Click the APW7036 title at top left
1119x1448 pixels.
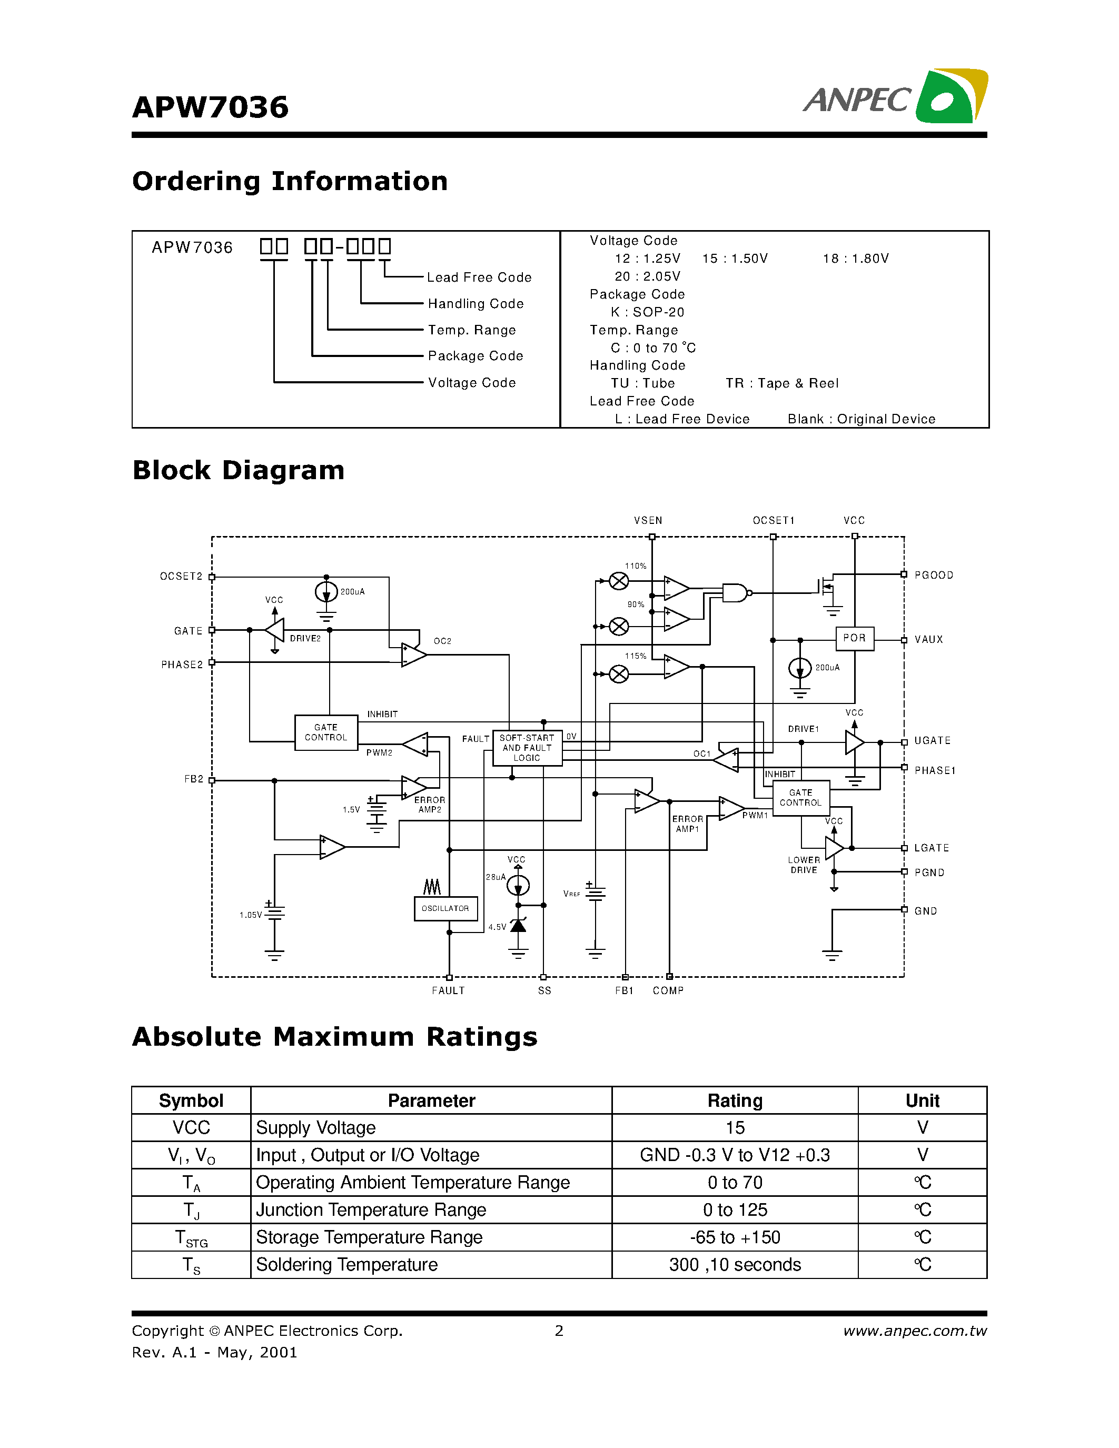pos(210,107)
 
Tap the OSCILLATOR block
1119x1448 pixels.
pos(445,908)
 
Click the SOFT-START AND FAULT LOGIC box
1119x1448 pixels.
pos(527,748)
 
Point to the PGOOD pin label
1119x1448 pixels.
pos(934,576)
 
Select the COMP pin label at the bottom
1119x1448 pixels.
pos(668,990)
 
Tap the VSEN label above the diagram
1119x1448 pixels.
pos(648,520)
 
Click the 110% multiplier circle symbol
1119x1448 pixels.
pos(619,581)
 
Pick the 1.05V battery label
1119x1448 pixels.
pos(251,915)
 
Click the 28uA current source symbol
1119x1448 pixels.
pos(518,885)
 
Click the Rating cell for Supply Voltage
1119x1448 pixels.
pos(735,1128)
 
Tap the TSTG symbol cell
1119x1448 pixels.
pos(191,1238)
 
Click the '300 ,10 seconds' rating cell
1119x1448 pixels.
pos(735,1265)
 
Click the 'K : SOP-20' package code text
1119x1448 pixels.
pos(647,312)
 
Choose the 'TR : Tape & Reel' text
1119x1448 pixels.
pos(781,383)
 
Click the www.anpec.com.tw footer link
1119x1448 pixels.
pos(914,1331)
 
